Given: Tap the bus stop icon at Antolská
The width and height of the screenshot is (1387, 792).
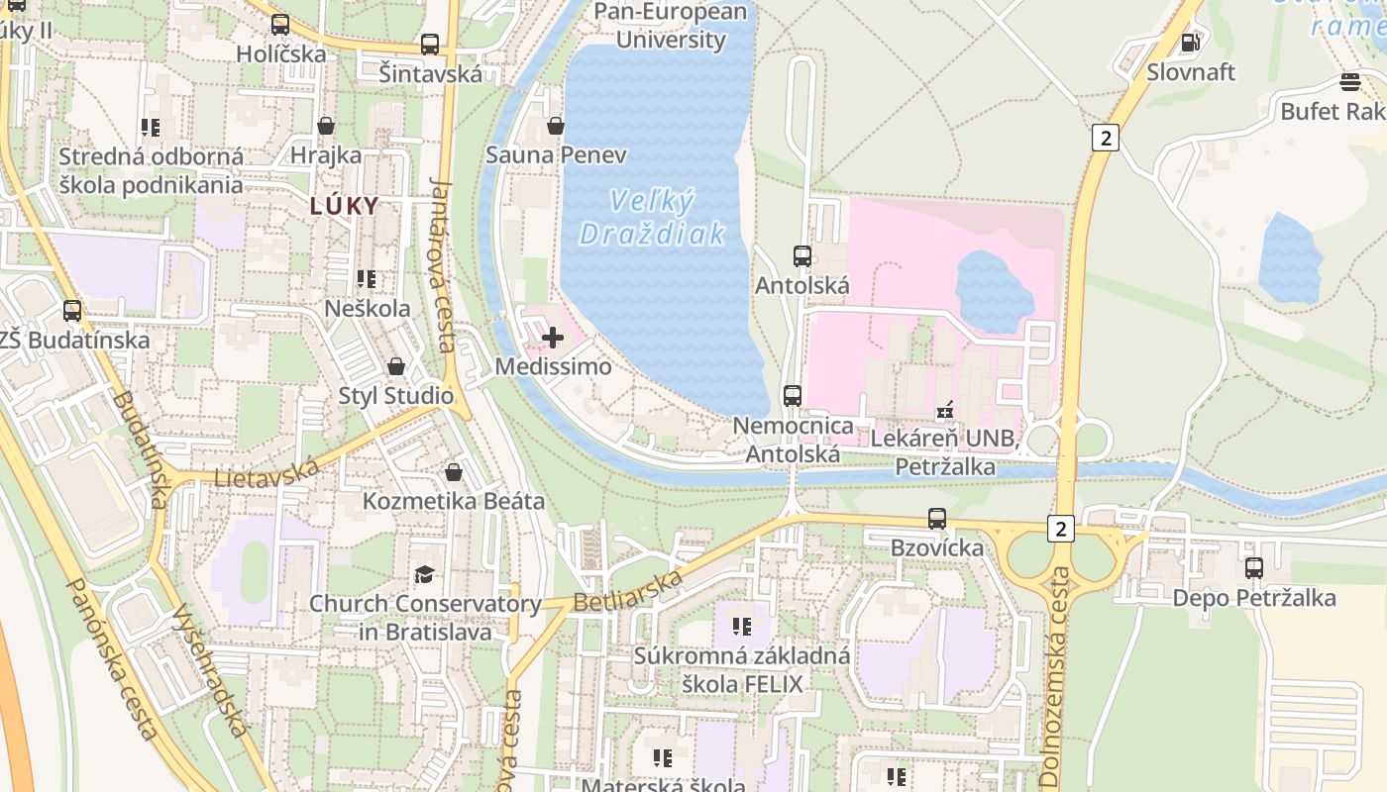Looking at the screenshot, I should point(802,256).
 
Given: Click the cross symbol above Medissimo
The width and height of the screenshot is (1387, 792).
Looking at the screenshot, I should point(553,338).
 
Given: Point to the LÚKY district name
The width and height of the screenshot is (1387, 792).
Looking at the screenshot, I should point(344,206).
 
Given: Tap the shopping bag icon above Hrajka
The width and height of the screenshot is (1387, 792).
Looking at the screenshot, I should point(326,126).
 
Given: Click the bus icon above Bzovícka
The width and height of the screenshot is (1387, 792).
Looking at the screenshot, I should point(937,518).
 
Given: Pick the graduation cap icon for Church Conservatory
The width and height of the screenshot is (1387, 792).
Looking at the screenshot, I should point(425,574).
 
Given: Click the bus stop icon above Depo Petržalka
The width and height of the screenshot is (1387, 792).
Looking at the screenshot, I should point(1254,568).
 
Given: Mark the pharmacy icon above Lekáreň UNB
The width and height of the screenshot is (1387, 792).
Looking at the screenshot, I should point(945,408).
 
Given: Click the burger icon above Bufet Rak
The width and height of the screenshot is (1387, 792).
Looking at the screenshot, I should point(1349,81).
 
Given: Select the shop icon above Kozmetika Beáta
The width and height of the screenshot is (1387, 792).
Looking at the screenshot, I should point(454,472).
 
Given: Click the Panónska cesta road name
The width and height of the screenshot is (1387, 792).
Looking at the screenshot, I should point(110,658).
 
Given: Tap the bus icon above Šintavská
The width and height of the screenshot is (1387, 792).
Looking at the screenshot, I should point(430,45).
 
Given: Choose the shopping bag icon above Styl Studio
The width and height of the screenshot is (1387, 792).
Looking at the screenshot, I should point(396,366).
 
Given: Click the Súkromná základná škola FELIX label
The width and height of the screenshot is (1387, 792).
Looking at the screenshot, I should point(742,669).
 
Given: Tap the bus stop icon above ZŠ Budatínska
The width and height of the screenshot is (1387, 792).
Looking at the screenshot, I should point(72,311).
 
